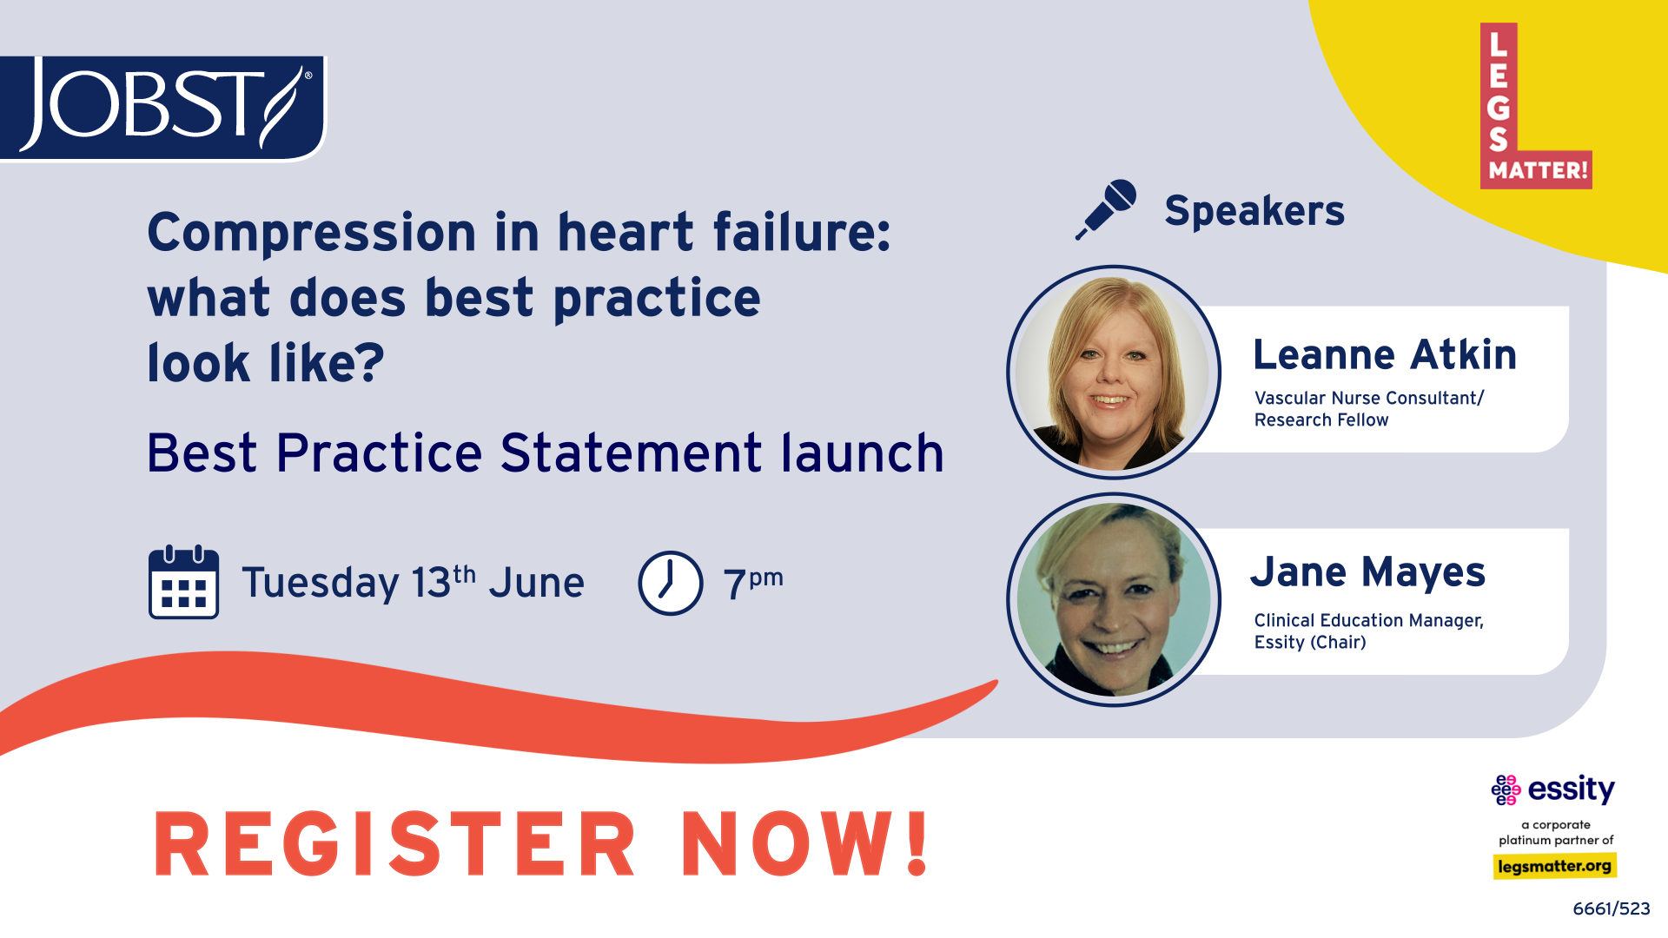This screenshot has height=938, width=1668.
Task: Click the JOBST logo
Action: (x=162, y=108)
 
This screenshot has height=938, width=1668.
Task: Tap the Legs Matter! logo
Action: (x=1536, y=105)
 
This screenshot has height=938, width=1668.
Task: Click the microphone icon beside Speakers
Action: (x=1106, y=209)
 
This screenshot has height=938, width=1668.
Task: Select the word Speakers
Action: (x=1254, y=211)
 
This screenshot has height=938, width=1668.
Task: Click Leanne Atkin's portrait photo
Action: (x=1114, y=373)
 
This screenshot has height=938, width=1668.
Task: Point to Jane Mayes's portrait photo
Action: (x=1114, y=599)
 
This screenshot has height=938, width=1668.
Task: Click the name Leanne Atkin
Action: (x=1385, y=354)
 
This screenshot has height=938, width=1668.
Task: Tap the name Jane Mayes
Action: (x=1368, y=572)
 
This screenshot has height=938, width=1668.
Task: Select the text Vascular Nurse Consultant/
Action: (x=1369, y=398)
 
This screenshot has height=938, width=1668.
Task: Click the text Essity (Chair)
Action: (x=1310, y=642)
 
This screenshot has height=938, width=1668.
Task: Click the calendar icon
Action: (x=183, y=582)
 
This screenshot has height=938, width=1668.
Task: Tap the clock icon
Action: (x=671, y=583)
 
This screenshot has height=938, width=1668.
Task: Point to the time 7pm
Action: (x=753, y=582)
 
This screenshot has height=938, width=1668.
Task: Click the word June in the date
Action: (x=536, y=583)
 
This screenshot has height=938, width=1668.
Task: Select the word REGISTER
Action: (x=395, y=843)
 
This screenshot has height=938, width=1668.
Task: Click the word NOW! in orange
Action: (x=806, y=843)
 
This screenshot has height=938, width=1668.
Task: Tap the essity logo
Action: (x=1553, y=789)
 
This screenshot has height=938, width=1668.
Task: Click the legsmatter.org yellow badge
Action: (x=1554, y=866)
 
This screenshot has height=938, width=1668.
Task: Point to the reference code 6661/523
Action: (x=1612, y=908)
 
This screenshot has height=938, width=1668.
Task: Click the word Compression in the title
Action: (x=312, y=233)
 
